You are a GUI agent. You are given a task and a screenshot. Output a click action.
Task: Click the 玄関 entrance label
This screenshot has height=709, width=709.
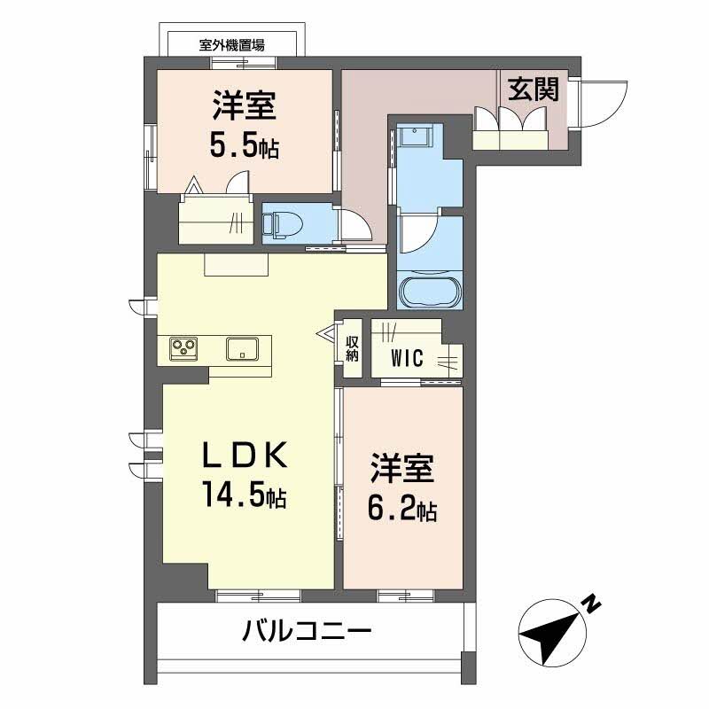pyautogui.click(x=533, y=89)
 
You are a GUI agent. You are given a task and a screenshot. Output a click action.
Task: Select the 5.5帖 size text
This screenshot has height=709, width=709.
pyautogui.click(x=244, y=144)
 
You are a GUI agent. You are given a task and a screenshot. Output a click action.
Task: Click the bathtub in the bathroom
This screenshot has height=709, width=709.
pyautogui.click(x=429, y=292)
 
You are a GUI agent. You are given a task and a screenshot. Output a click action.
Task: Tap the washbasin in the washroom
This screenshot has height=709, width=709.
pyautogui.click(x=414, y=137)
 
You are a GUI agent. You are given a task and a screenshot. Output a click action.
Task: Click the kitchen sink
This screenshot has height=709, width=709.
pyautogui.click(x=242, y=348)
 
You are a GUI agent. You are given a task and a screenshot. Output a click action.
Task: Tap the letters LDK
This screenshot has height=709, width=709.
pyautogui.click(x=243, y=457)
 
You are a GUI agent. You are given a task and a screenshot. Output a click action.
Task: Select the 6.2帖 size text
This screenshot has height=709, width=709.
pyautogui.click(x=401, y=509)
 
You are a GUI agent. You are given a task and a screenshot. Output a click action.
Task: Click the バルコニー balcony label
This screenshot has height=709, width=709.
pyautogui.click(x=306, y=632)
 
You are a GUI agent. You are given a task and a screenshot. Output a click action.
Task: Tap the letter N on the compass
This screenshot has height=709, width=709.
pyautogui.click(x=591, y=604)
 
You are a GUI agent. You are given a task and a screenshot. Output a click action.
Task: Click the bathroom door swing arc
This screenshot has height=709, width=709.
pyautogui.click(x=417, y=233)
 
